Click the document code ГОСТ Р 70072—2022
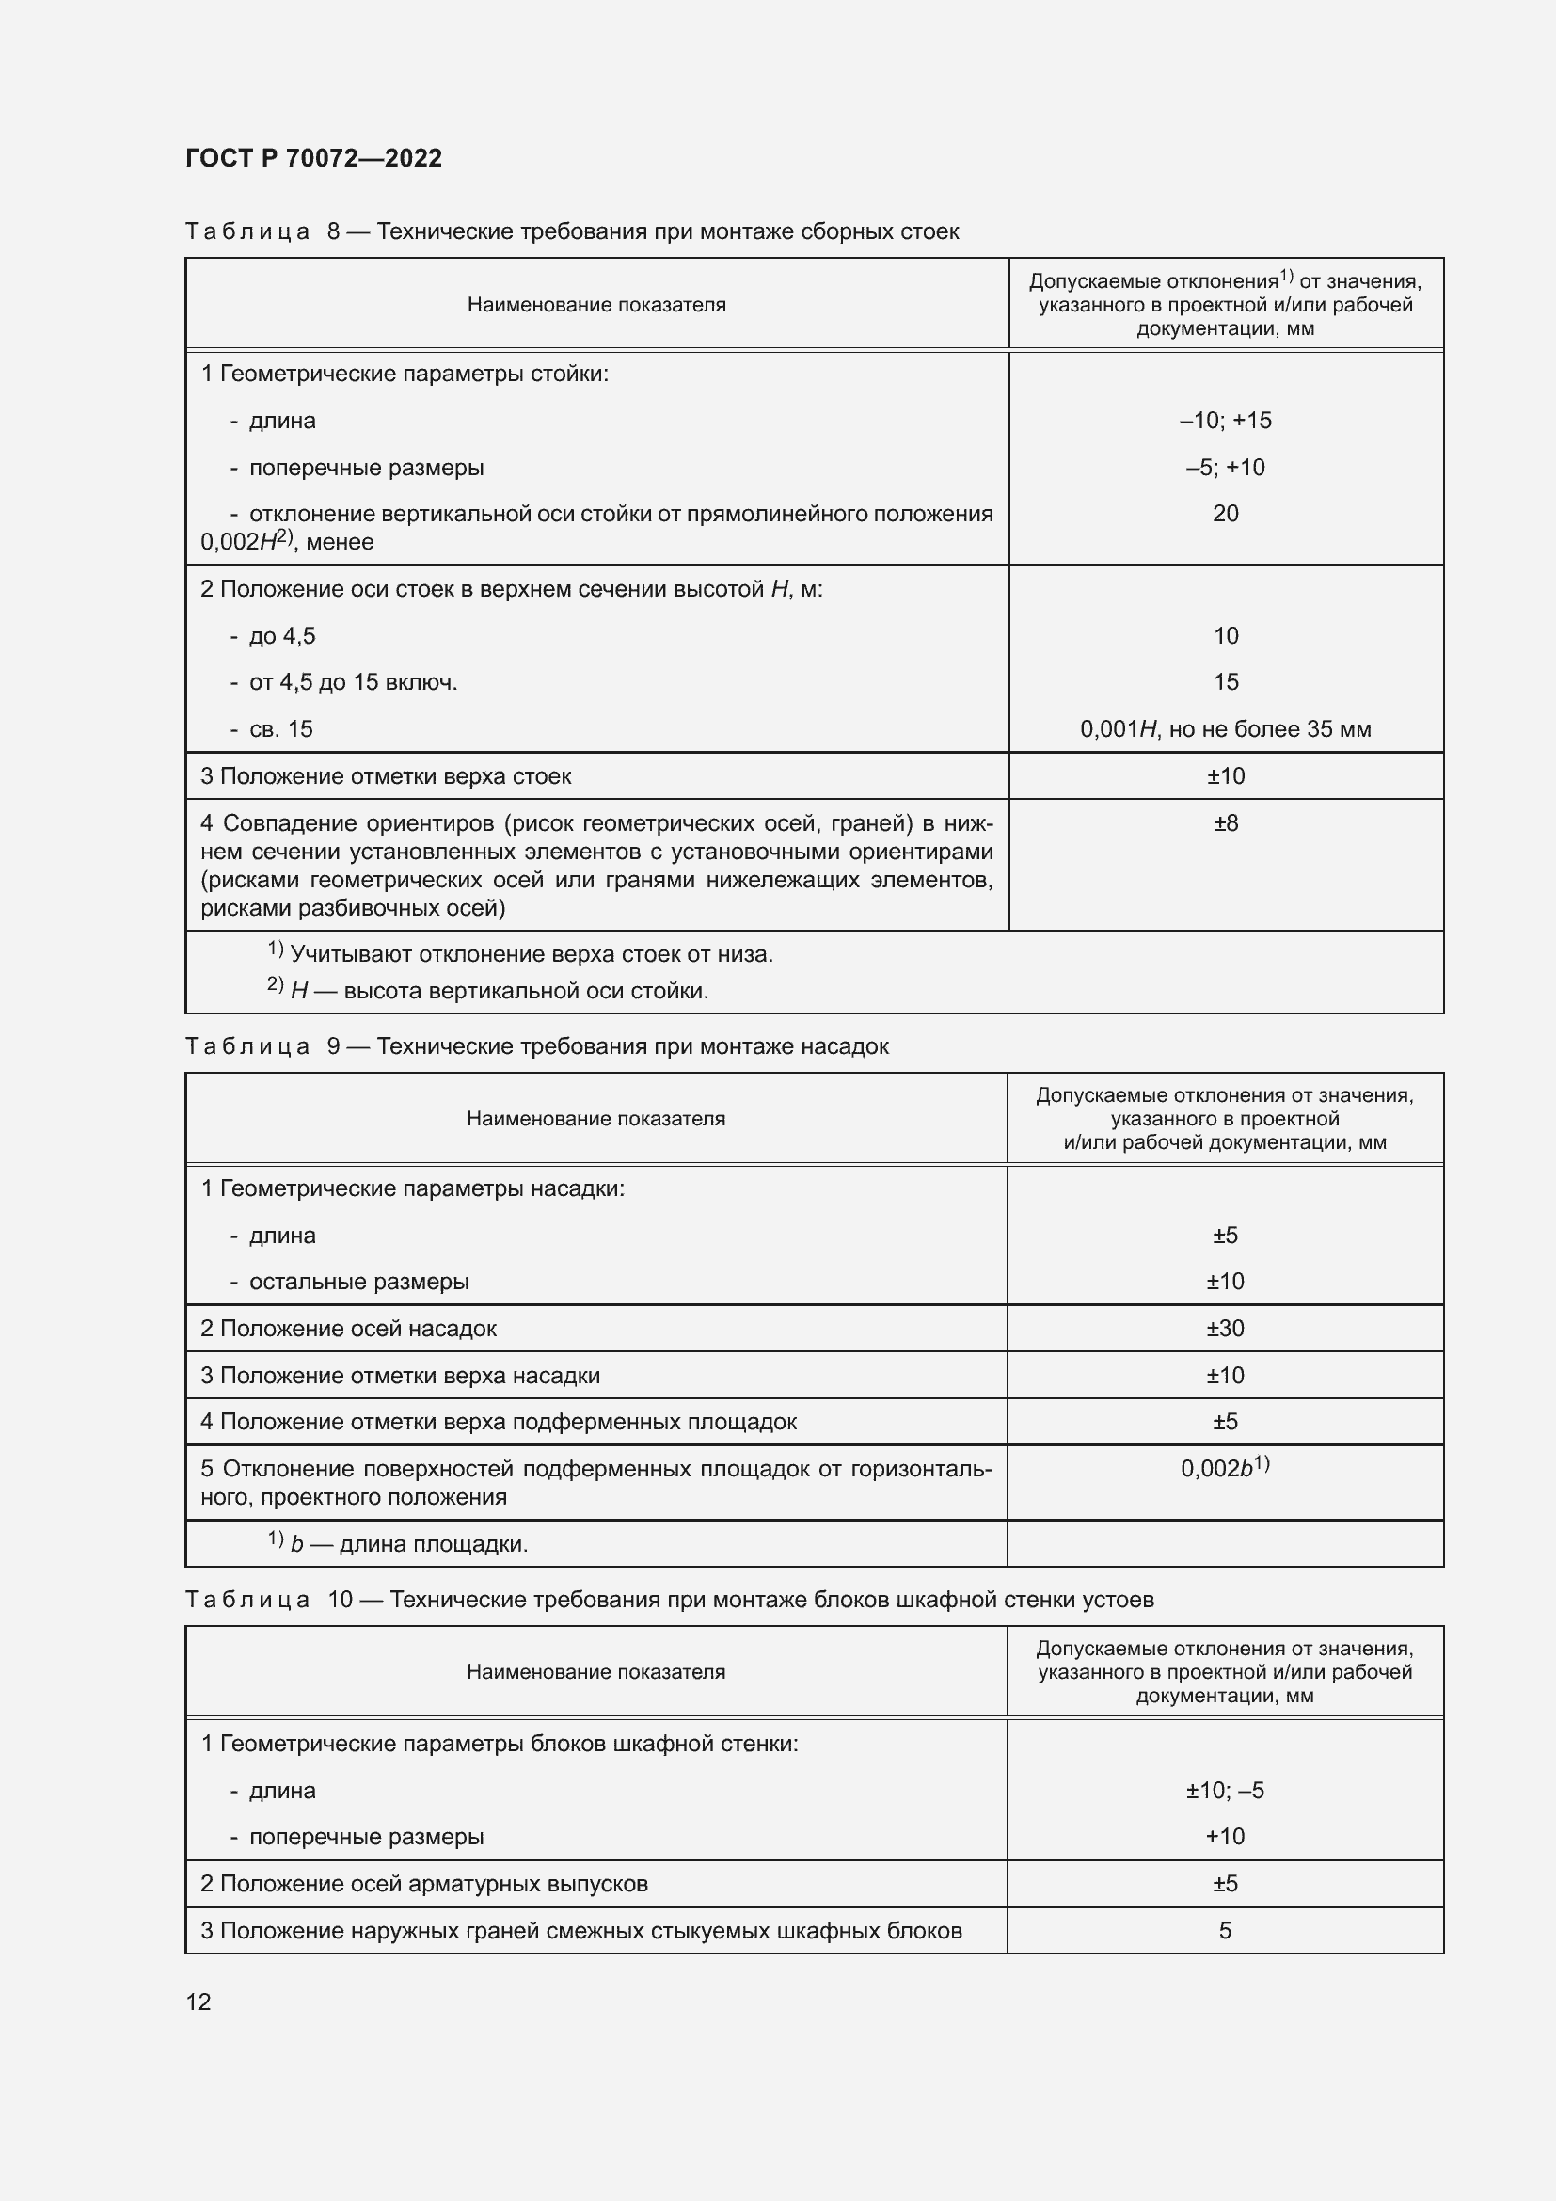[313, 158]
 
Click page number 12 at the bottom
[198, 2002]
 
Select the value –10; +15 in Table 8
[1225, 420]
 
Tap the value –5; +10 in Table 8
[1225, 467]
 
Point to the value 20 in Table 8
[1225, 513]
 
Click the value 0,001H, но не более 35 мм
[1225, 728]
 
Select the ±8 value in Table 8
[1225, 822]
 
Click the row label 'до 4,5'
[281, 635]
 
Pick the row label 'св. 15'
[279, 728]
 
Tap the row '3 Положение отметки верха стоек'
[385, 775]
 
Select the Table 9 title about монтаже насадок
[536, 1045]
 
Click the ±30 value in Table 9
[1225, 1328]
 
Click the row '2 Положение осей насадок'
[349, 1328]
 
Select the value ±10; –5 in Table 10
[1225, 1790]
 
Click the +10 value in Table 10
[1225, 1836]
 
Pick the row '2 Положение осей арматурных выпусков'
[424, 1883]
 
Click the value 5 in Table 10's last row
[1225, 1930]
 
